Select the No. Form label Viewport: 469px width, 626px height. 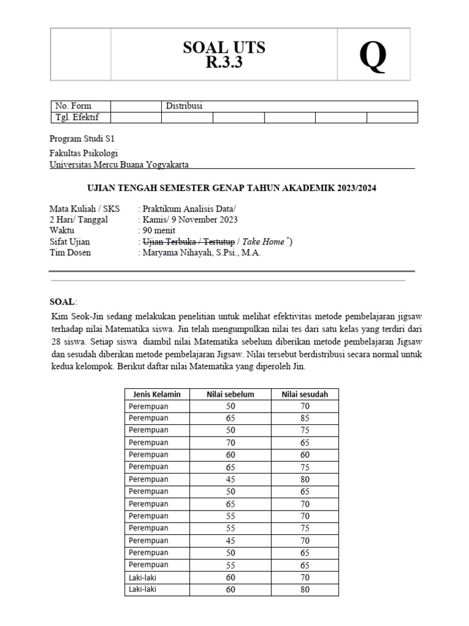coord(73,106)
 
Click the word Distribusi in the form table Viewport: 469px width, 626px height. coord(184,106)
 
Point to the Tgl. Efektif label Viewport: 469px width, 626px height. coord(77,117)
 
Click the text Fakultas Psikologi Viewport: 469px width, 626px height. coord(84,153)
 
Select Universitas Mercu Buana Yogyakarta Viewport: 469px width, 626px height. coord(119,164)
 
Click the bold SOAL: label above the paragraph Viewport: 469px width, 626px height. coord(64,301)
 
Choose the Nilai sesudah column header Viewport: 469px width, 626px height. coord(305,394)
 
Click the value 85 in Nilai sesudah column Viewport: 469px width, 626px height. coord(305,419)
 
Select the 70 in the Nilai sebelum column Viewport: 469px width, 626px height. coord(230,443)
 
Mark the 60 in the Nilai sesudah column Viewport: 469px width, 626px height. coord(305,455)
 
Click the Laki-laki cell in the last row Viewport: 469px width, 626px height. coord(144,589)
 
